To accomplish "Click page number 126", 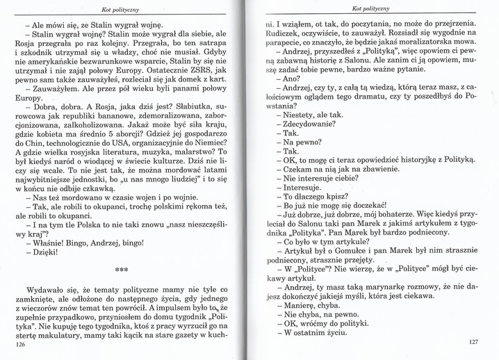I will (x=19, y=345).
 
